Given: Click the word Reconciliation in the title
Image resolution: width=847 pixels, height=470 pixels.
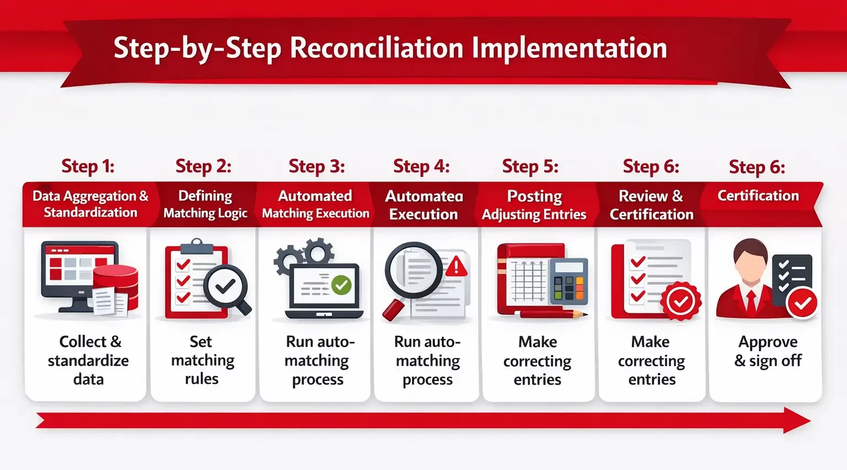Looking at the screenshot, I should (377, 48).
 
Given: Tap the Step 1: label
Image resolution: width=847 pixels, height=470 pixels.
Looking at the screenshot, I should (88, 166).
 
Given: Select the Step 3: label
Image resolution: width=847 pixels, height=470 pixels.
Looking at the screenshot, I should (317, 166).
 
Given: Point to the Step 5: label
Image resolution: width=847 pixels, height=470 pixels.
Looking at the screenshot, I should (530, 166).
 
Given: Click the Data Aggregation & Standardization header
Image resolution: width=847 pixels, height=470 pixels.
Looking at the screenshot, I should (90, 204).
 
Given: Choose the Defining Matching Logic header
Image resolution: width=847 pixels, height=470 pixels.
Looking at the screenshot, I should (205, 204).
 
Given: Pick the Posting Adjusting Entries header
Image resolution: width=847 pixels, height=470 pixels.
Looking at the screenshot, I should (534, 205).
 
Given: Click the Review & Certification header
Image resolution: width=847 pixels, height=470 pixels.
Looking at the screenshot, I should (651, 205).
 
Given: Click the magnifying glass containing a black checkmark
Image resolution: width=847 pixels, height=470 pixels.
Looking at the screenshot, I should (226, 286).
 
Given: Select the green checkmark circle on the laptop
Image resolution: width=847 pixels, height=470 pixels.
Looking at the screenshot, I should (341, 285).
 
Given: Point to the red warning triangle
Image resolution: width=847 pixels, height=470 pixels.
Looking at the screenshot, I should (456, 267).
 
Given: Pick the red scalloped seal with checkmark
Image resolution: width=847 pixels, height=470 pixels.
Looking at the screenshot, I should (681, 301).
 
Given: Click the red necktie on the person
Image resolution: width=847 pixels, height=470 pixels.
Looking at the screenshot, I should (750, 301).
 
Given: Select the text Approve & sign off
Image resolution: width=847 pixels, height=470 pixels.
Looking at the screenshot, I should (768, 351).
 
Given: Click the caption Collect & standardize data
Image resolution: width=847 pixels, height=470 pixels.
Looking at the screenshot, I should (88, 360).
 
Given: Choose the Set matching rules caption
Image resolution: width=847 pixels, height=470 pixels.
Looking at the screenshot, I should (202, 360).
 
